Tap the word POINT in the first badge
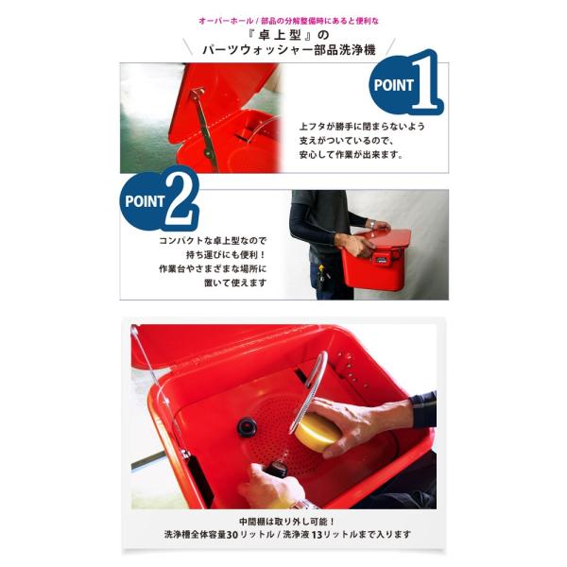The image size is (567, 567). pos(393,85)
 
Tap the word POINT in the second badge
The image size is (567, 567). pos(145,201)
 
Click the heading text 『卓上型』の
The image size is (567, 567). pos(289,35)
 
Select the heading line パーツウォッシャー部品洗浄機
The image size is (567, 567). pos(288,50)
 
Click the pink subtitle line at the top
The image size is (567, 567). pos(288,21)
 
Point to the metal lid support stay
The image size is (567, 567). pos(204,128)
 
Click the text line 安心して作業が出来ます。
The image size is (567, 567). pos(351,155)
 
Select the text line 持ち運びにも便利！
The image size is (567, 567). pos(226,254)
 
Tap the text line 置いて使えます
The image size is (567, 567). pos(235,283)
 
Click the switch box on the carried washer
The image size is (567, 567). pos(383,258)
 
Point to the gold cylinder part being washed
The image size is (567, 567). pos(314,432)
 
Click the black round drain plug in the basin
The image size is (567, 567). pos(247,427)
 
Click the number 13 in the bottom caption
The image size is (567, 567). pos(317,535)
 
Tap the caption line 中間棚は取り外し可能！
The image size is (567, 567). pos(287,522)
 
